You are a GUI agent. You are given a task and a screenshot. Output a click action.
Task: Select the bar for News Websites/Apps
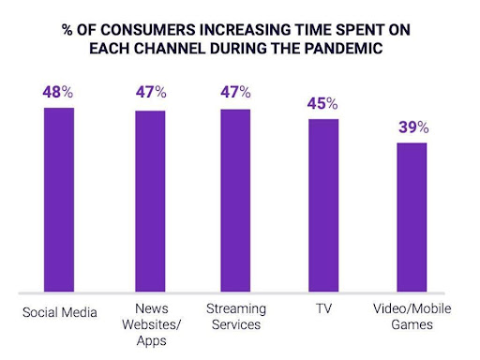point(150,201)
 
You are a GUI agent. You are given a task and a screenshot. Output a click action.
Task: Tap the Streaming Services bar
point(235,200)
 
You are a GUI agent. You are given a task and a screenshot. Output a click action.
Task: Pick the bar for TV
point(323,204)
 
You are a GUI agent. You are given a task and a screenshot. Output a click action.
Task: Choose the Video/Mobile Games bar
point(412,217)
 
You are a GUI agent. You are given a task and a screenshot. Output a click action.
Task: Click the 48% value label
point(58,93)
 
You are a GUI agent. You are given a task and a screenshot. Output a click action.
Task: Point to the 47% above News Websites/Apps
point(151,93)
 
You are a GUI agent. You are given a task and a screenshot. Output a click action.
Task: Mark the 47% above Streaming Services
point(235,93)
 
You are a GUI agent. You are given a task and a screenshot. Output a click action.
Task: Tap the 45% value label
point(323,102)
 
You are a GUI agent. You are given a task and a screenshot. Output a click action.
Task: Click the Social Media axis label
point(58,313)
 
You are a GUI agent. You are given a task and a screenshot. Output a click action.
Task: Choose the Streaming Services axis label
point(235,317)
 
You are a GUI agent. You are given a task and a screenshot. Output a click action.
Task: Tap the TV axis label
point(323,308)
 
